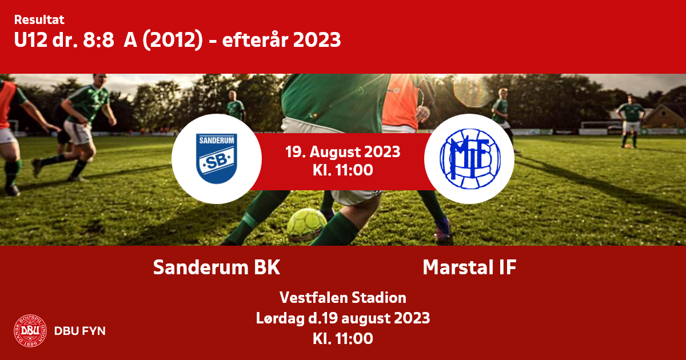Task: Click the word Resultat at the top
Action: tap(39, 20)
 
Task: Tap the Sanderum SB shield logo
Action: tap(217, 159)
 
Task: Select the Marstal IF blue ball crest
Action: tap(470, 159)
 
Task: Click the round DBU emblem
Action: tap(30, 331)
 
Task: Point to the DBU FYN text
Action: tap(80, 331)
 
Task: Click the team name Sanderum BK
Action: tap(217, 267)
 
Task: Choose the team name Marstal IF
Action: tap(469, 267)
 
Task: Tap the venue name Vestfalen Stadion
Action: tap(343, 298)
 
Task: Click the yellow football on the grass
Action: tap(306, 225)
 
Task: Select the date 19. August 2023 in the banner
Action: tap(343, 152)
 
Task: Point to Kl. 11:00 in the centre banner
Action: tap(343, 170)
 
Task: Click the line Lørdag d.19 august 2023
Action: tap(343, 318)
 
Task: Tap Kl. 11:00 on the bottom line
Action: tap(343, 338)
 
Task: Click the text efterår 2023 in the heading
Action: tap(281, 40)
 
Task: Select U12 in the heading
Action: tap(31, 40)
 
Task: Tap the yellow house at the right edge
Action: tap(664, 117)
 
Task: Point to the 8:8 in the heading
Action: tap(98, 40)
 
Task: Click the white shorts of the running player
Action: tap(79, 133)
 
